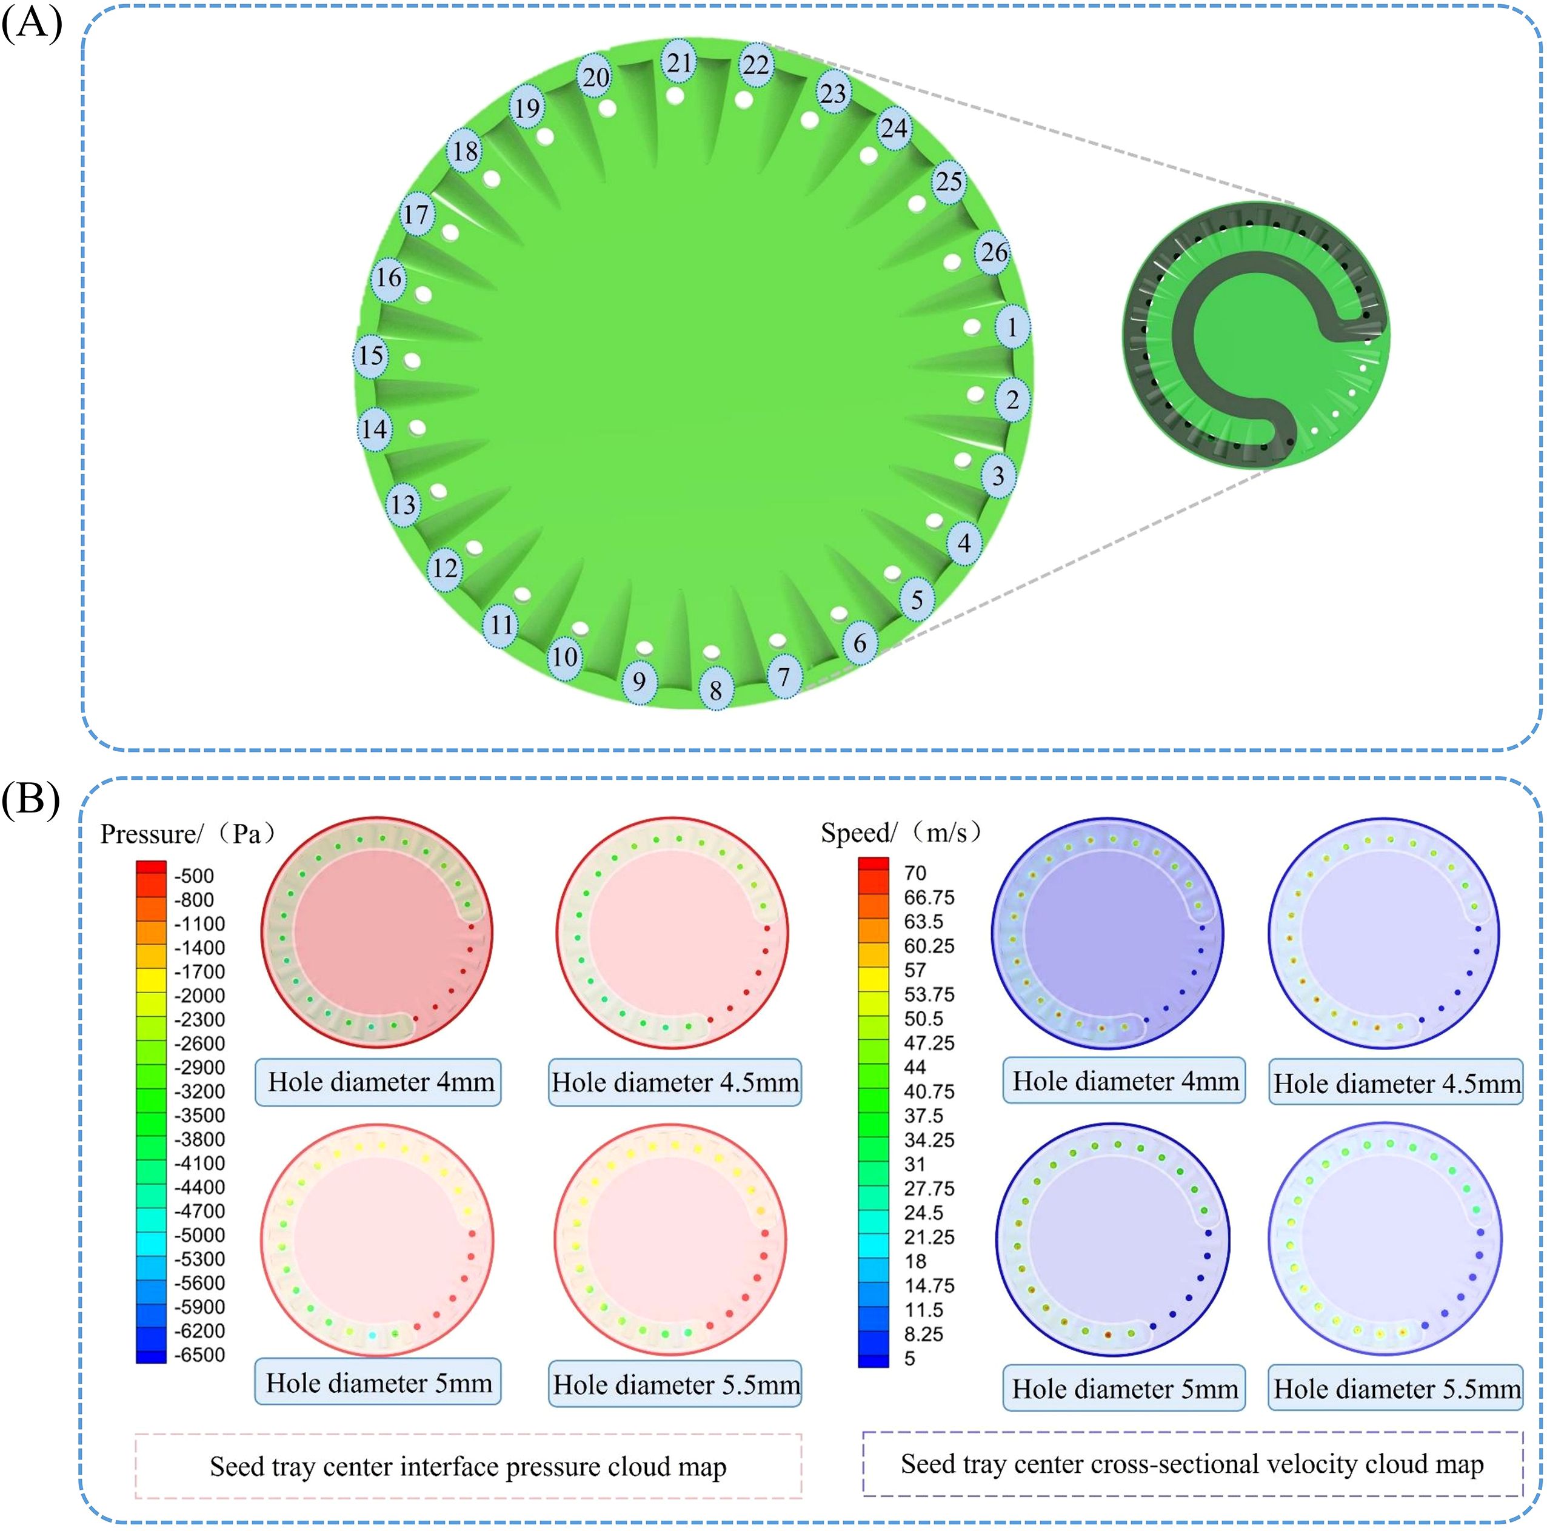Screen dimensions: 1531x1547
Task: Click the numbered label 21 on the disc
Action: (x=679, y=62)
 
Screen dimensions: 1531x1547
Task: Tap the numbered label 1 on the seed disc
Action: (x=1012, y=327)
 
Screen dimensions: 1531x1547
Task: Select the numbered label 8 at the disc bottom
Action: (x=715, y=689)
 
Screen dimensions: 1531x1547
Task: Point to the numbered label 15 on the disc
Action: (x=371, y=355)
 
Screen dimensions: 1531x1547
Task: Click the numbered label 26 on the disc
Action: (x=994, y=252)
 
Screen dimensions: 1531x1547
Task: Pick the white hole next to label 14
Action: (x=417, y=427)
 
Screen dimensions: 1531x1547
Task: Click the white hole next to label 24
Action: (x=869, y=155)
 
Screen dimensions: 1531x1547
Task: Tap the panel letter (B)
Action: (x=30, y=799)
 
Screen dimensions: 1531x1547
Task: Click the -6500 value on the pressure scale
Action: (x=199, y=1355)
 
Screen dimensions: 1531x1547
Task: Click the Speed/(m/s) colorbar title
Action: (x=901, y=833)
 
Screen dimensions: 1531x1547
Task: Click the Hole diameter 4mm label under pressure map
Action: (x=379, y=1082)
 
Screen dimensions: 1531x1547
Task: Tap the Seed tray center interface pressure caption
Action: (x=469, y=1467)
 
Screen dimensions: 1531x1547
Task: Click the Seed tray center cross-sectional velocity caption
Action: (x=1192, y=1464)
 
